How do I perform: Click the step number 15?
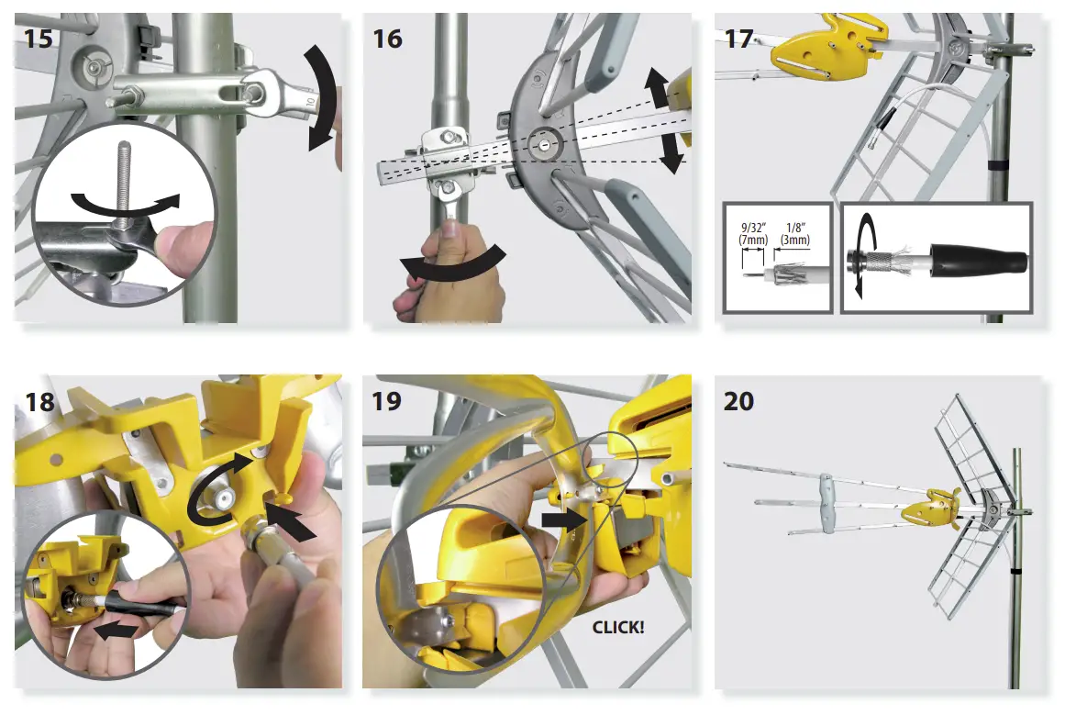[38, 39]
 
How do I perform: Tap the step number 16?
[387, 39]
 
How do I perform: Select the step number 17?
[738, 39]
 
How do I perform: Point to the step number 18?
[38, 401]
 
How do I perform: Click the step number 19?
[387, 401]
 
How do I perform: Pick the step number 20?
[739, 401]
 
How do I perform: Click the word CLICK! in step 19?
[617, 628]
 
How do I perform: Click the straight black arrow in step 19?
[561, 520]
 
